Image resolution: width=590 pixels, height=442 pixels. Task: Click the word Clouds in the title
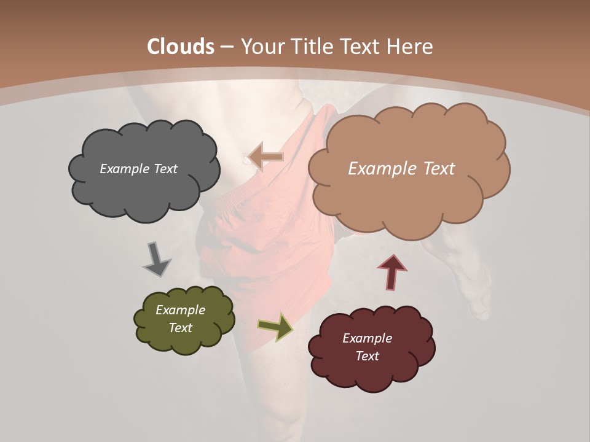pyautogui.click(x=181, y=46)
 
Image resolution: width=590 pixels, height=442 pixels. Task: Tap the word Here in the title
pyautogui.click(x=410, y=46)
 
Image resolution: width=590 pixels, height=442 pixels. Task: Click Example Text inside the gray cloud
pyautogui.click(x=138, y=169)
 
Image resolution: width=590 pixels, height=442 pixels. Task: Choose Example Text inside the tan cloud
pyautogui.click(x=401, y=169)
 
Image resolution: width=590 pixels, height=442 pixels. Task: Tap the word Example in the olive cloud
pyautogui.click(x=180, y=310)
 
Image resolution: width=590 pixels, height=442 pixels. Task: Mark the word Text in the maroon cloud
pyautogui.click(x=367, y=356)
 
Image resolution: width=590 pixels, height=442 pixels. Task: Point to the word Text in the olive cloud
pyautogui.click(x=180, y=328)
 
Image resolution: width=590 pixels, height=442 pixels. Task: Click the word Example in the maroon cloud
pyautogui.click(x=367, y=338)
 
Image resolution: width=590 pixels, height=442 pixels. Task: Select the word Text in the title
pyautogui.click(x=362, y=46)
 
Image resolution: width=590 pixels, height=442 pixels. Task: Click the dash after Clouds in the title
pyautogui.click(x=226, y=47)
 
